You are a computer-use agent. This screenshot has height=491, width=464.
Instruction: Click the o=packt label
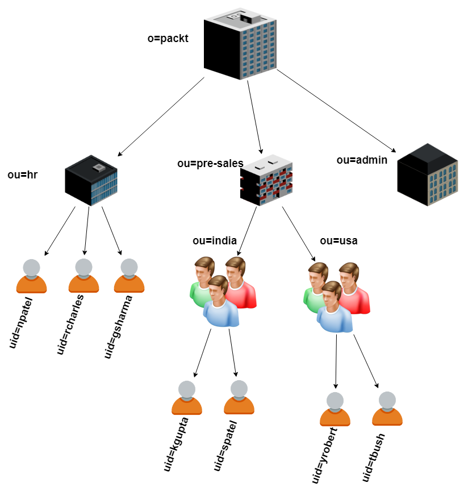pos(168,39)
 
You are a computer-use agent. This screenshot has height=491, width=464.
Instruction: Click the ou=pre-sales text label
pos(210,164)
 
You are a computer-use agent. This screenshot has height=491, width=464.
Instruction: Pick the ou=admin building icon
pos(427,174)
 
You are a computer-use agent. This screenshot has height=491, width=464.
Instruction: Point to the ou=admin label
pos(362,160)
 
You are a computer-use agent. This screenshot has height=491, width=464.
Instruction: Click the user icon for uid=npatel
pos(31,276)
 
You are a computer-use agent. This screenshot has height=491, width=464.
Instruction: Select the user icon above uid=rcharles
pos(83,276)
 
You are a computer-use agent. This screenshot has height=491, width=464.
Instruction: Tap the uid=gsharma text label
pos(119,327)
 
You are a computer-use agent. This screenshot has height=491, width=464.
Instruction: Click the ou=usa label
pos(338,241)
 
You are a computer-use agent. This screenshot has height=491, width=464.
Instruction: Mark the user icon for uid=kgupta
pos(187,398)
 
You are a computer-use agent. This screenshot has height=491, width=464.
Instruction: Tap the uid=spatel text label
pos(225,446)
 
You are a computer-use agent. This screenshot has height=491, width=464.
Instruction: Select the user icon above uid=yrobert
pos(335,409)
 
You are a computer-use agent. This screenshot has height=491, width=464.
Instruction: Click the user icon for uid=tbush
pos(387,409)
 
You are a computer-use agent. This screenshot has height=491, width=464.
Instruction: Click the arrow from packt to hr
pos(161,117)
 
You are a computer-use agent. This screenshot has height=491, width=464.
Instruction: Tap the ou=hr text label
pos(23,175)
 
